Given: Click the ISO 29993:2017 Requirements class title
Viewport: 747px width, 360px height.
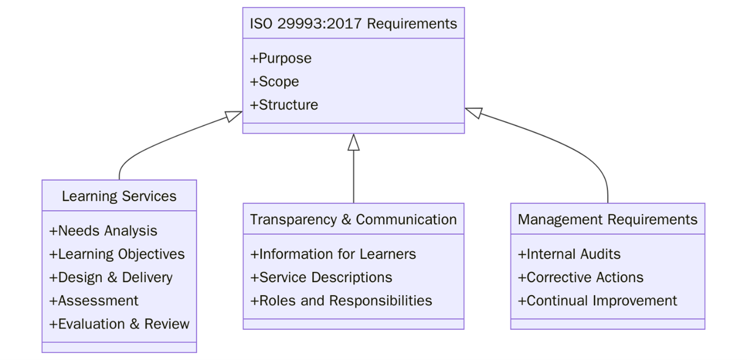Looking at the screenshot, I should click(x=353, y=24).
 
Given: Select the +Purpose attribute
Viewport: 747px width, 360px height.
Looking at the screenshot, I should click(x=281, y=58).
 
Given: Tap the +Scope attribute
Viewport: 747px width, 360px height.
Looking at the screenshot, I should click(x=274, y=82).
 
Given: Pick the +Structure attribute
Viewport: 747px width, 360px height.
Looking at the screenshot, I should click(x=284, y=105).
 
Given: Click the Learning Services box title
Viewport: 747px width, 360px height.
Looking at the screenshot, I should click(x=119, y=196).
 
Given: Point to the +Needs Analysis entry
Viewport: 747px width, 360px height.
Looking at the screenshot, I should click(x=103, y=231).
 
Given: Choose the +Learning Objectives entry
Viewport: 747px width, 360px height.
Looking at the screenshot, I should click(x=117, y=254).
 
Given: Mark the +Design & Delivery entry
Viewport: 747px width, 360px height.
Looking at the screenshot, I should click(x=111, y=278).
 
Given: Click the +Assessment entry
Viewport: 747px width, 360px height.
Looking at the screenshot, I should click(x=94, y=301).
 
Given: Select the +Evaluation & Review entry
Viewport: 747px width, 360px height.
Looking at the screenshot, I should click(x=119, y=324).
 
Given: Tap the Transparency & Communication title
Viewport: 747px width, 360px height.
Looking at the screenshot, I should click(x=353, y=220).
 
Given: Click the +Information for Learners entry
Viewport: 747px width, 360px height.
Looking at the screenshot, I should click(x=333, y=254).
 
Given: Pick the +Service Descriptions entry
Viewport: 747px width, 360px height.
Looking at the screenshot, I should click(x=321, y=278).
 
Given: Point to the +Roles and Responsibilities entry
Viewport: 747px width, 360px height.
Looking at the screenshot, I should click(x=341, y=301).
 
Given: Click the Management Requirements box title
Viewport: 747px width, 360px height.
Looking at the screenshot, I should click(x=607, y=220).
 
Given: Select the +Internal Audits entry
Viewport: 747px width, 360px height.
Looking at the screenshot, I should click(x=569, y=254).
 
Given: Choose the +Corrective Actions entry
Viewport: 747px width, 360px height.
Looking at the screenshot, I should click(x=580, y=278).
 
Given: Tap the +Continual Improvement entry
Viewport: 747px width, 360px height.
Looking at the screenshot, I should click(x=597, y=301).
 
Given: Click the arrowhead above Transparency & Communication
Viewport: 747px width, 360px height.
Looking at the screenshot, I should click(x=354, y=142).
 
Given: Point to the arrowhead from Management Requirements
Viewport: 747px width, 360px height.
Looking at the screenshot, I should click(x=473, y=112).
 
